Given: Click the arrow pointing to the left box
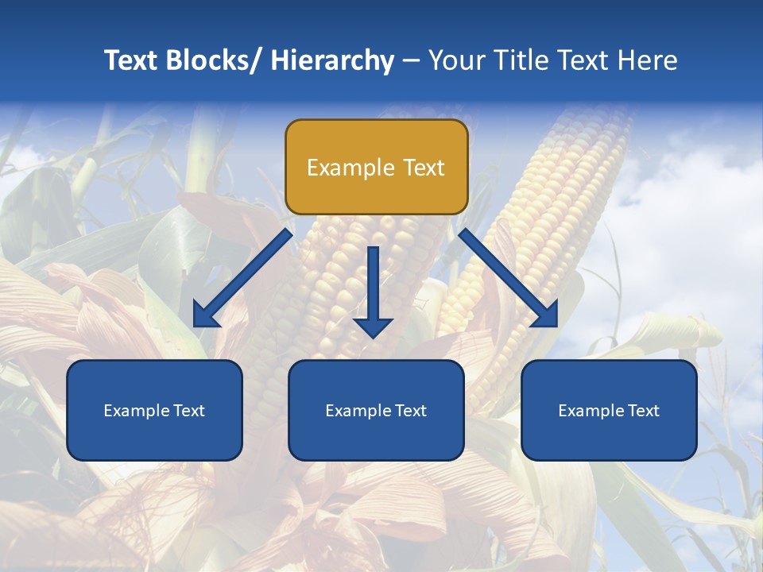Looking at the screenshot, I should [242, 279].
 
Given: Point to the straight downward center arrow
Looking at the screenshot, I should [373, 291].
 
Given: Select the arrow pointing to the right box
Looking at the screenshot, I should [509, 279].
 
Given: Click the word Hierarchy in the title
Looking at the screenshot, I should [332, 60].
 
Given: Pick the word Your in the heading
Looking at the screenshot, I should [455, 60].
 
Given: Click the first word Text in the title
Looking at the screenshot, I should [130, 60].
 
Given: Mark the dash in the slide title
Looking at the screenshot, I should [411, 61].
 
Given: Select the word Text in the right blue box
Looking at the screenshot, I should [642, 411].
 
